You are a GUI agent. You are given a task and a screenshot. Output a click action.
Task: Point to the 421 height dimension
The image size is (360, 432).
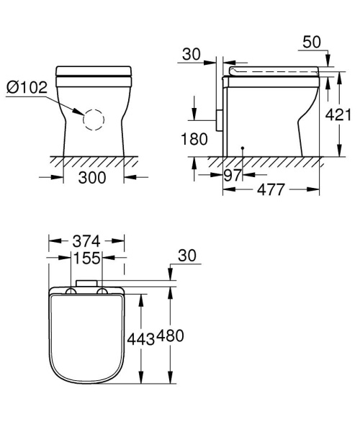coord(345,114)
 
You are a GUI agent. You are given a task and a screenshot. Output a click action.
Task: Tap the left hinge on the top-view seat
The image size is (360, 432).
coord(73,291)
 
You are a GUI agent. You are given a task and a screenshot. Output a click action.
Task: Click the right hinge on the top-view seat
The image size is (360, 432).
coord(103,291)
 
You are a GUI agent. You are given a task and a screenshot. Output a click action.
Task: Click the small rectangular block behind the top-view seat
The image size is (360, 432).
coord(88,282)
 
